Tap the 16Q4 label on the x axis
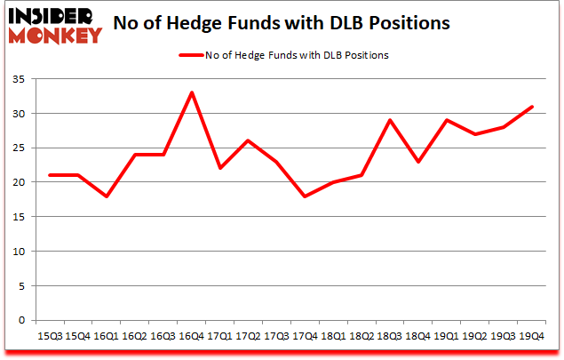pos(192,336)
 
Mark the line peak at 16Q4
pos(192,92)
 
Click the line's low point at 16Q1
pos(107,196)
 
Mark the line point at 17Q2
pos(249,140)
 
